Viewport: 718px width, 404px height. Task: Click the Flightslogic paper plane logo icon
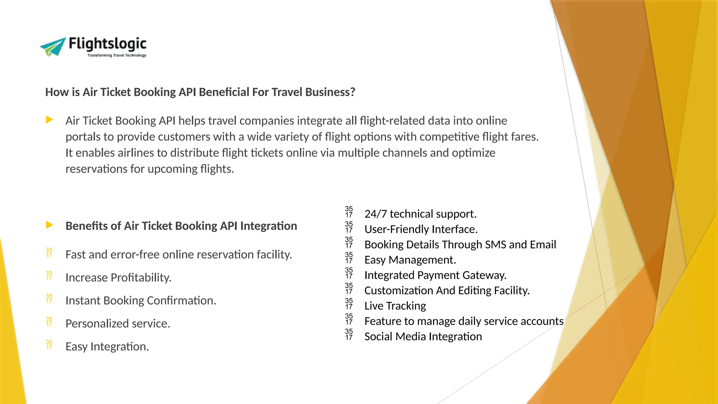click(x=53, y=47)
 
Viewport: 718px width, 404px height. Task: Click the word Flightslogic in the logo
click(x=107, y=43)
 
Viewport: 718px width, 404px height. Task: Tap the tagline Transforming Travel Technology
click(x=117, y=55)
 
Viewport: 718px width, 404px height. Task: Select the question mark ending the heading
click(x=352, y=92)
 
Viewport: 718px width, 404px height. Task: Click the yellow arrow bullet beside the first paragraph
click(x=49, y=120)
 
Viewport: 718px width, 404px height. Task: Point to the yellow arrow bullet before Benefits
click(x=49, y=225)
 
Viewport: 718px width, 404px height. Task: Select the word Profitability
click(x=141, y=277)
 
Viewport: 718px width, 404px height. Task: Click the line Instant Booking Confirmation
click(x=141, y=301)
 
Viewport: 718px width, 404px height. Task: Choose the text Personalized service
click(x=117, y=323)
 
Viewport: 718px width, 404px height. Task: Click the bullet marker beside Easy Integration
click(x=49, y=345)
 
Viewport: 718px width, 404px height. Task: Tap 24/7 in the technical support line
click(x=375, y=214)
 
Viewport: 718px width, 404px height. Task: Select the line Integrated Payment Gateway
click(x=435, y=275)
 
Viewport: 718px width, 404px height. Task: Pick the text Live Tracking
click(x=395, y=306)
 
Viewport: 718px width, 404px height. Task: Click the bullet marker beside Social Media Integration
click(x=349, y=335)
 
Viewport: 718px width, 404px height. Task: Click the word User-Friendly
click(x=397, y=229)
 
